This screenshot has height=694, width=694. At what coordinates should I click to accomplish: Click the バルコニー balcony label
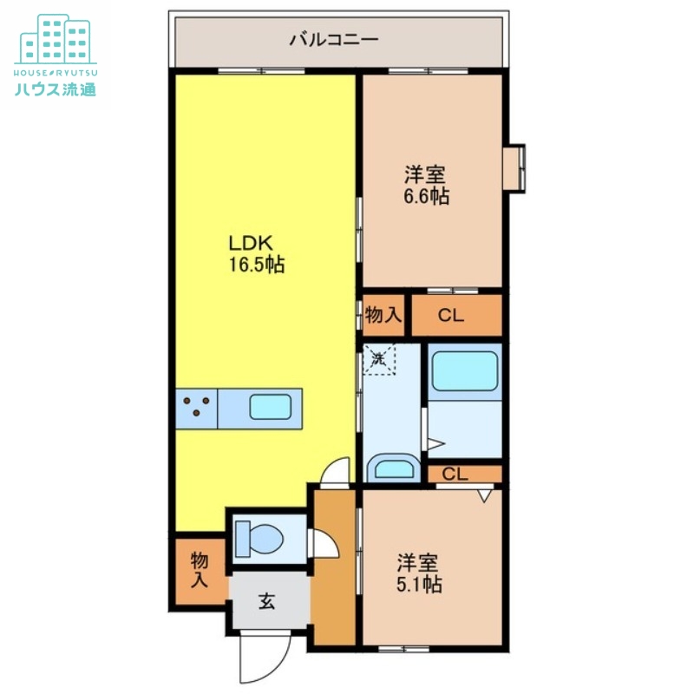click(334, 39)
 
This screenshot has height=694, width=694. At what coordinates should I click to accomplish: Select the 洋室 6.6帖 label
click(425, 185)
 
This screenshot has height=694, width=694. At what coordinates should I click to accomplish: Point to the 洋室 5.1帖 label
click(419, 573)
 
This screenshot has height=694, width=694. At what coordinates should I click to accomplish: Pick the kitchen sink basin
click(272, 407)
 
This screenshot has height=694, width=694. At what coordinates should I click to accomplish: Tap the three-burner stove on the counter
click(196, 407)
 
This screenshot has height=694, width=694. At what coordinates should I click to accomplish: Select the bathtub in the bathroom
click(464, 372)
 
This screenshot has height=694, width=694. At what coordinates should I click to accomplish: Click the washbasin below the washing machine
click(391, 469)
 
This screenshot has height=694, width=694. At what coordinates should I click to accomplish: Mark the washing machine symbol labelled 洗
click(378, 358)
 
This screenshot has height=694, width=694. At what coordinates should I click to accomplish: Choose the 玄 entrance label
click(267, 600)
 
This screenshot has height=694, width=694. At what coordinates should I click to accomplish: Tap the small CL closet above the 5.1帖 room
click(457, 475)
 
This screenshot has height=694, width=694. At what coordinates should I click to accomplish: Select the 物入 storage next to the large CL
click(383, 315)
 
